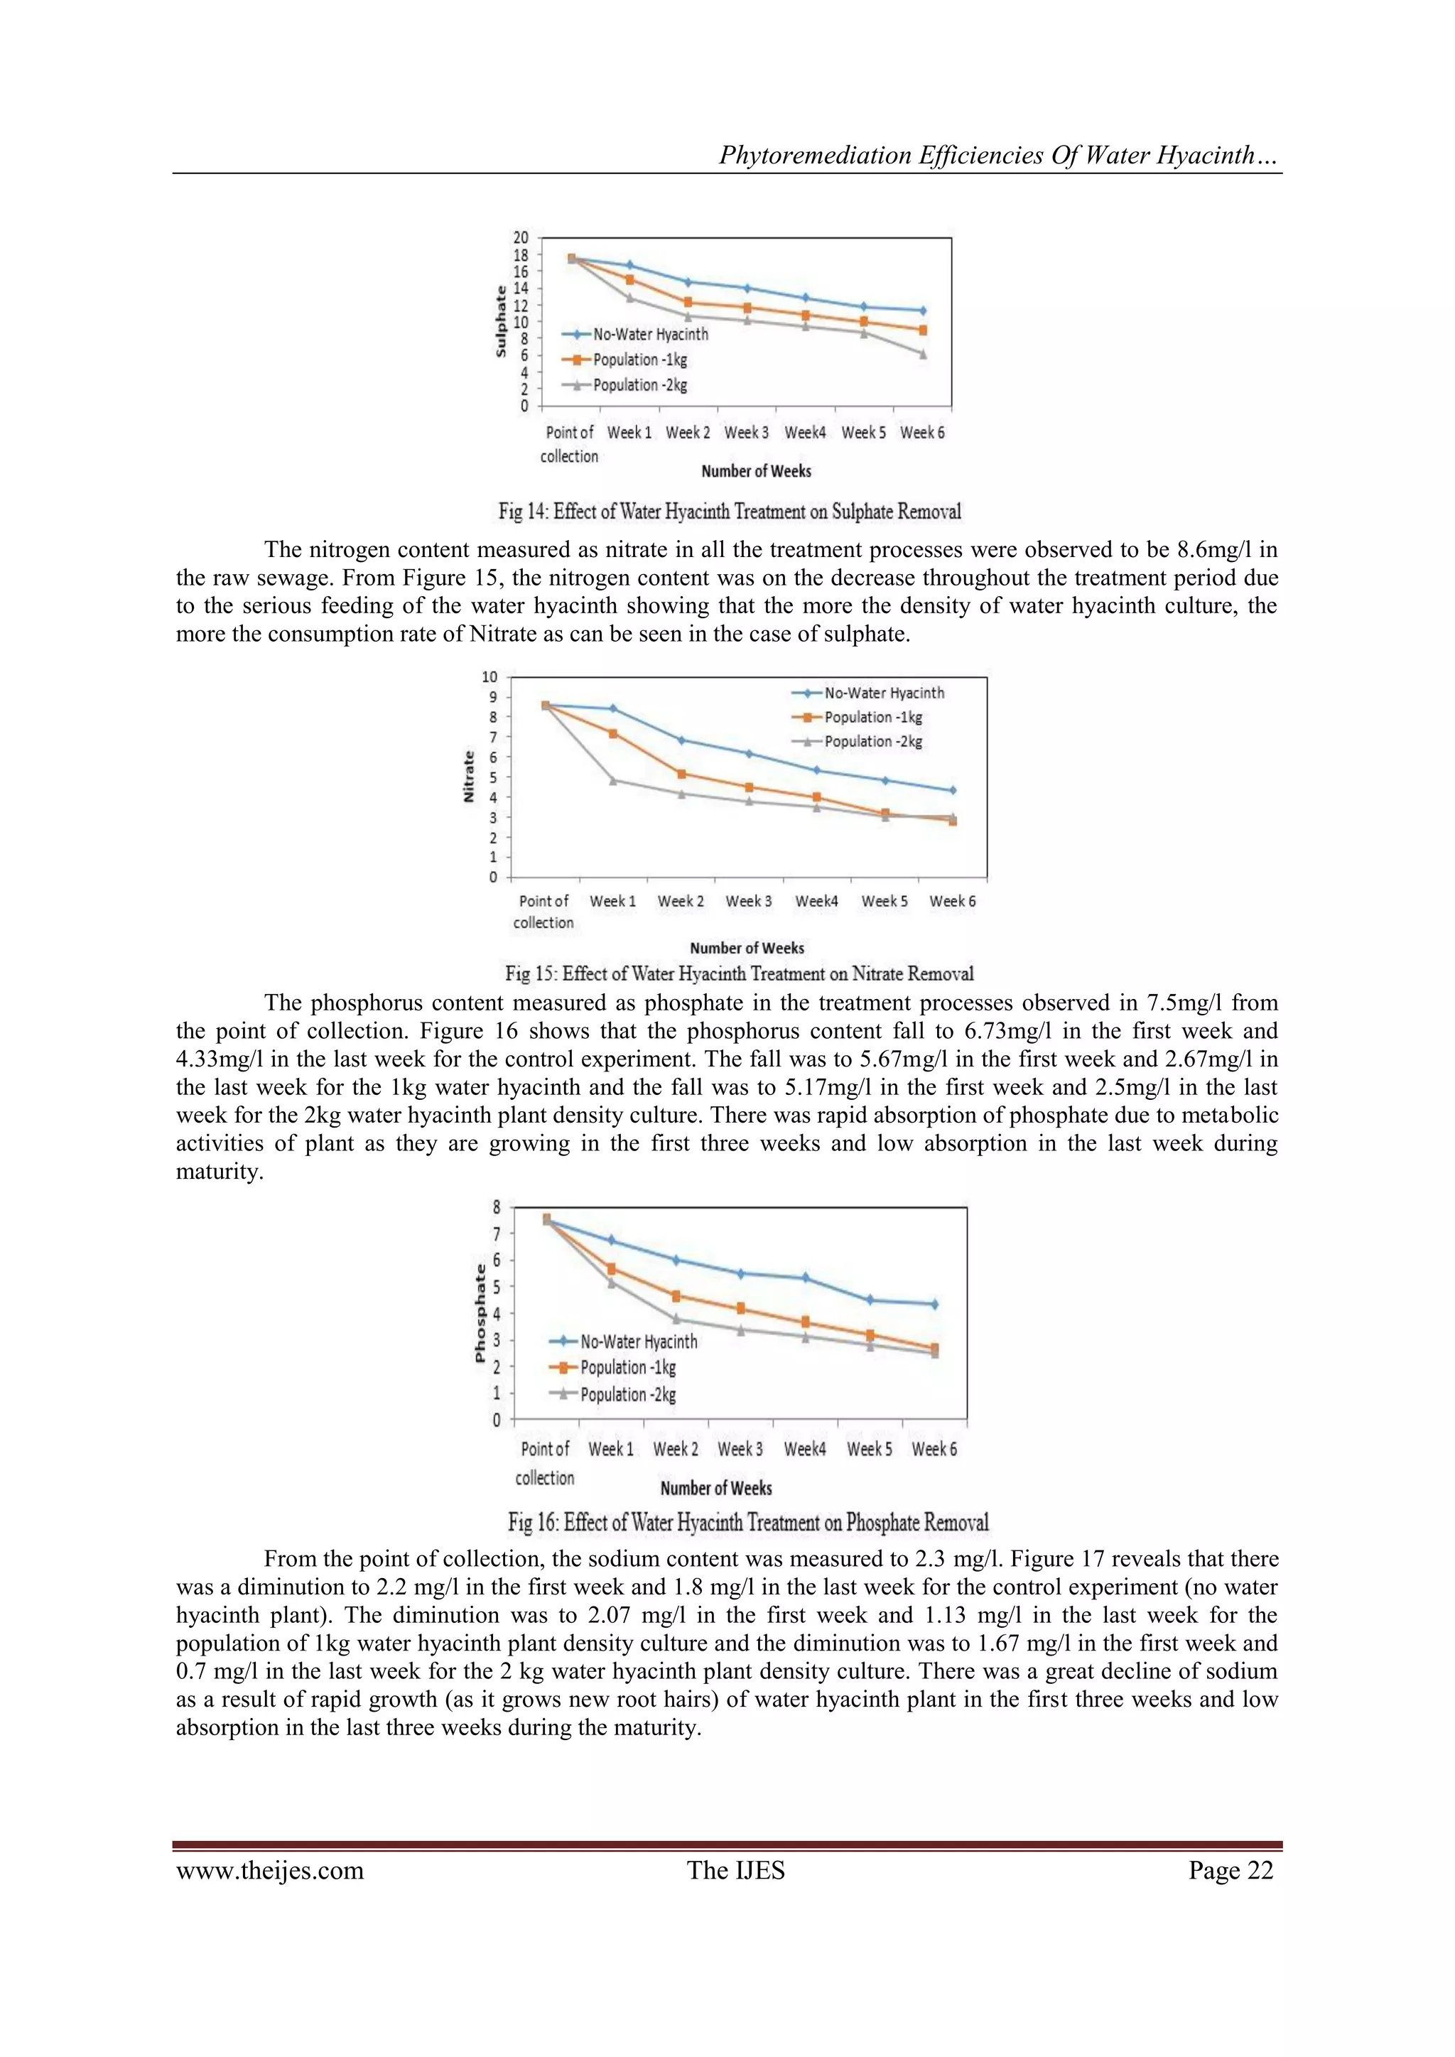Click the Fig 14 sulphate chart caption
(730, 512)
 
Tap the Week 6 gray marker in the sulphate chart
(923, 355)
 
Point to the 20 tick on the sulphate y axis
(521, 237)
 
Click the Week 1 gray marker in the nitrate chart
(614, 780)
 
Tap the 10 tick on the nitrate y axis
(490, 676)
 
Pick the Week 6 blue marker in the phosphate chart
(934, 1305)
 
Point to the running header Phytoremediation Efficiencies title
(999, 155)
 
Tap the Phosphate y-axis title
(480, 1313)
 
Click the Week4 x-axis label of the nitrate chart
(816, 901)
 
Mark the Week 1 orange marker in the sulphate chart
(630, 279)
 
